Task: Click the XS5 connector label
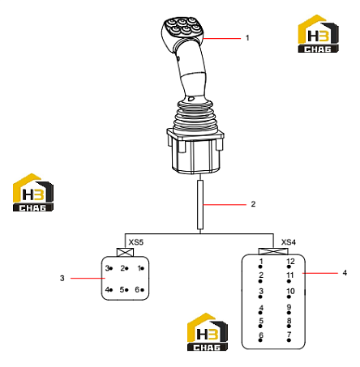point(135,242)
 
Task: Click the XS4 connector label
point(289,242)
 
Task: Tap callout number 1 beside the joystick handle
point(247,38)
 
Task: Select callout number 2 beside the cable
point(253,204)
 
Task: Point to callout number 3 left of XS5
point(62,278)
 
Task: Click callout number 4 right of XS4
point(345,273)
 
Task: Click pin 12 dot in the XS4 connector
point(289,267)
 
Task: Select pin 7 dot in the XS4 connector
point(289,340)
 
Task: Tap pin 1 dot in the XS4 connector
point(260,267)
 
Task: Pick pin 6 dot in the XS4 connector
point(260,340)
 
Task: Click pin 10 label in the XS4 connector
point(290,291)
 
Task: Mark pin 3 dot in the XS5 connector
point(111,268)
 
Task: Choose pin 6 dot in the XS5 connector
point(143,290)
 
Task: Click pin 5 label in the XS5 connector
point(122,290)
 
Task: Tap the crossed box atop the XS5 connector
point(125,252)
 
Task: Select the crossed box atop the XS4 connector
point(273,251)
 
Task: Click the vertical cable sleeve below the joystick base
point(200,205)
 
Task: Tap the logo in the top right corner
point(318,33)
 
